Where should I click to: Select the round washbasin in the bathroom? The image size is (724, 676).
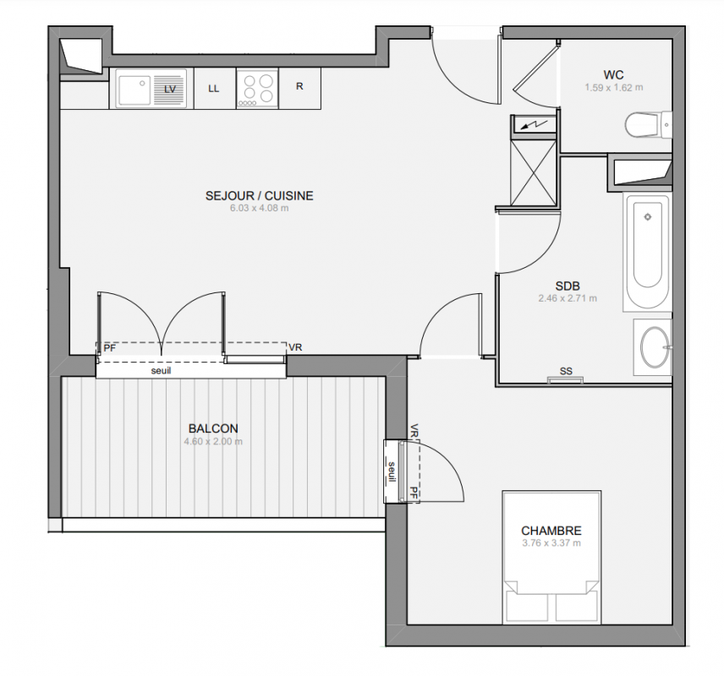pyautogui.click(x=655, y=347)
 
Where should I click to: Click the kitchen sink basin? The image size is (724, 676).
pyautogui.click(x=134, y=90)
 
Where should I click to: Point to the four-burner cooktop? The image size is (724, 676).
pyautogui.click(x=258, y=89)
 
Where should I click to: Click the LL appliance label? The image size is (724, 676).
pyautogui.click(x=213, y=89)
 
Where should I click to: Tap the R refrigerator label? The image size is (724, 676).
pyautogui.click(x=299, y=86)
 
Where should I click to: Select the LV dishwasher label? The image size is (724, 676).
pyautogui.click(x=170, y=89)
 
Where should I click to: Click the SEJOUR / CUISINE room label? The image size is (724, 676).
pyautogui.click(x=260, y=196)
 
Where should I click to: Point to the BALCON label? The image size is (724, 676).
pyautogui.click(x=213, y=428)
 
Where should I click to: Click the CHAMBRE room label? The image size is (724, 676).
pyautogui.click(x=551, y=531)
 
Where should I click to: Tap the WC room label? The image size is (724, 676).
pyautogui.click(x=614, y=74)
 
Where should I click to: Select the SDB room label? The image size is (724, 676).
pyautogui.click(x=568, y=286)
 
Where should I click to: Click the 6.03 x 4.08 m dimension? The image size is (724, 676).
pyautogui.click(x=260, y=208)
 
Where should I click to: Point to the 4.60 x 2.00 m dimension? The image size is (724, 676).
pyautogui.click(x=213, y=442)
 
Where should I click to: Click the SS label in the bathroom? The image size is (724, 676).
pyautogui.click(x=566, y=371)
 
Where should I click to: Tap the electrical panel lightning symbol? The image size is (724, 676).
pyautogui.click(x=535, y=124)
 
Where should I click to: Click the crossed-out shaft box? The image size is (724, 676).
pyautogui.click(x=534, y=172)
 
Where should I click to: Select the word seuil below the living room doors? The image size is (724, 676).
pyautogui.click(x=162, y=370)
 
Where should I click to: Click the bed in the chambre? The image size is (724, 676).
pyautogui.click(x=551, y=558)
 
